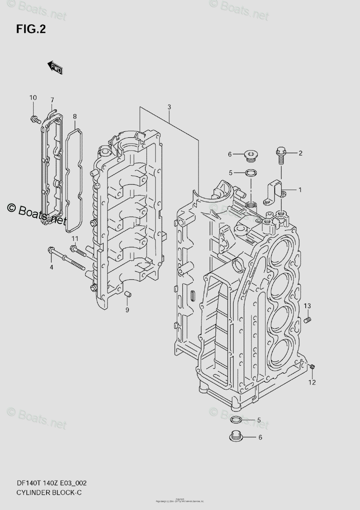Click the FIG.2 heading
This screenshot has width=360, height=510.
(31, 29)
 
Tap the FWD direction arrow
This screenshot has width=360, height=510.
(55, 67)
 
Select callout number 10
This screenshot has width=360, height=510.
(33, 98)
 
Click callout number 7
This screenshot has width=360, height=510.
(52, 100)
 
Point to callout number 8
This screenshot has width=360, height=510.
(74, 116)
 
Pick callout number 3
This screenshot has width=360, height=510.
(169, 107)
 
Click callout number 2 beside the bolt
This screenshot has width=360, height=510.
(300, 153)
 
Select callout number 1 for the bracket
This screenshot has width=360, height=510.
(300, 190)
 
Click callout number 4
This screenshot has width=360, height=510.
(51, 267)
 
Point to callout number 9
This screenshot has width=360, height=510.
(127, 310)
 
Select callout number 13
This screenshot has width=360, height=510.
(307, 306)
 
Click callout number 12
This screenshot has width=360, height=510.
(312, 382)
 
